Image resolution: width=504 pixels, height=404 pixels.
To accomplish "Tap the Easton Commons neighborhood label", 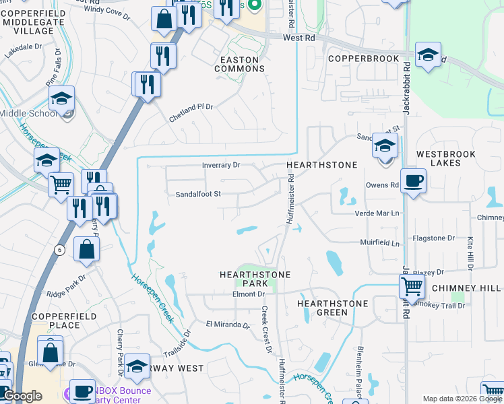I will tap(239, 64).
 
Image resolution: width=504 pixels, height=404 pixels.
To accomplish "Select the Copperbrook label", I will tap(363, 59).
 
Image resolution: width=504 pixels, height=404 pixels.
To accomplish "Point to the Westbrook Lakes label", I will tap(445, 158).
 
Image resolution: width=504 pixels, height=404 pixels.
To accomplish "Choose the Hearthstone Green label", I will tap(332, 308).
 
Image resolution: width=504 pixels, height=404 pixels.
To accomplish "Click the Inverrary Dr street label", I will tap(221, 165).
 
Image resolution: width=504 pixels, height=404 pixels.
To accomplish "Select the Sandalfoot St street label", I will tap(198, 194).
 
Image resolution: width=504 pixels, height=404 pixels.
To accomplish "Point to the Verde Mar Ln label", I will tap(377, 213).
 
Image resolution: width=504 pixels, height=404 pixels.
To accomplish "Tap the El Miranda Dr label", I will tap(228, 325).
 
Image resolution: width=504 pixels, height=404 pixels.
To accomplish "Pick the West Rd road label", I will tap(299, 38).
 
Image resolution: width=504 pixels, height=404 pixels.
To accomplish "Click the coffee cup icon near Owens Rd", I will tap(413, 180).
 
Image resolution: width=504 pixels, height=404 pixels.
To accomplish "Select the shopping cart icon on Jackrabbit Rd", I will tap(412, 287).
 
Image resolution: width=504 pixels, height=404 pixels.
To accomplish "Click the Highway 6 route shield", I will tap(59, 250).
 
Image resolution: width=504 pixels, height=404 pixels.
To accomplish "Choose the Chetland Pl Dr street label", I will tap(191, 112).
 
